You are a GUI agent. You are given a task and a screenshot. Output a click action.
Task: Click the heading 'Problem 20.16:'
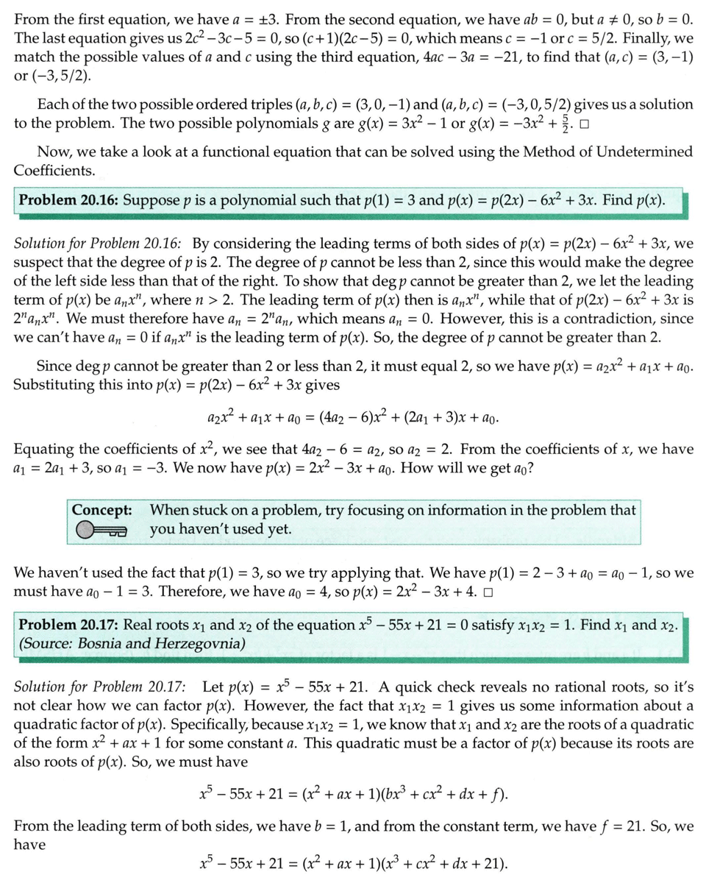pos(68,200)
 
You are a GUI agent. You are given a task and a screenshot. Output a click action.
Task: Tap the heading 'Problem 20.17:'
pos(68,625)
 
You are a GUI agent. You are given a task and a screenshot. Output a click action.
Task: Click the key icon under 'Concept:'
pos(100,530)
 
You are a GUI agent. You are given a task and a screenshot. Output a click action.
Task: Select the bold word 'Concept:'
pos(101,510)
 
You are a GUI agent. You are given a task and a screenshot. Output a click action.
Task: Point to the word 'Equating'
pos(43,448)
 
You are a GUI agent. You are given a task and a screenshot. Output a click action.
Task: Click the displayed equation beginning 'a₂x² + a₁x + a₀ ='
pos(354,418)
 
